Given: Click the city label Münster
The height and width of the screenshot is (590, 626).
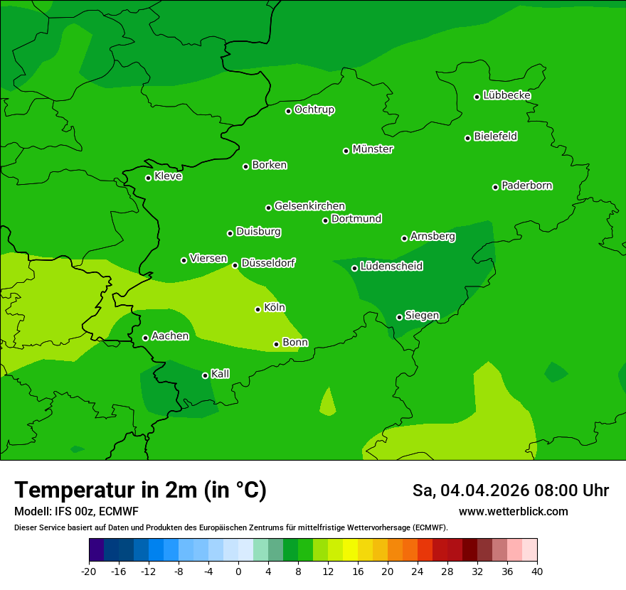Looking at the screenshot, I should coord(372,149).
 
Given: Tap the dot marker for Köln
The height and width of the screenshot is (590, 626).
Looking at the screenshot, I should coord(258,309).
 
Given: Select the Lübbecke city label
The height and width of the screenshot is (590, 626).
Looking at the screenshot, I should coord(506,95).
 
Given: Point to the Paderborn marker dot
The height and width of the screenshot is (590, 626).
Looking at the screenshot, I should coord(495,187).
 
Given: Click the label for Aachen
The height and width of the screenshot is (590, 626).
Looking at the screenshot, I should coord(170,336).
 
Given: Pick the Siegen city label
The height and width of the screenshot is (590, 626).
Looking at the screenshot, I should coord(422,316).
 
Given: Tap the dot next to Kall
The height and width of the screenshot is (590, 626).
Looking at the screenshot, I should coord(205,375).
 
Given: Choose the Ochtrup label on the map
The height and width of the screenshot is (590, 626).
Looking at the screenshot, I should coord(314,109).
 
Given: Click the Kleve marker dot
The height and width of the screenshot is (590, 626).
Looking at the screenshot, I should coord(148,178).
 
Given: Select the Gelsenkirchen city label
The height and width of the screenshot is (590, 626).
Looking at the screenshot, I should coord(309,206).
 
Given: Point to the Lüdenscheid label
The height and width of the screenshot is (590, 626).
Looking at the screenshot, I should coord(391,267).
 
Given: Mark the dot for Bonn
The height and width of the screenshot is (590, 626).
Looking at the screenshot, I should coord(276,344).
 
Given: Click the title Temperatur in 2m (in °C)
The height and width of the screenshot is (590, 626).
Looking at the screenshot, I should coord(140,490).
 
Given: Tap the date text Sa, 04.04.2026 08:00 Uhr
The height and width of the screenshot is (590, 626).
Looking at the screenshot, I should coord(510,490).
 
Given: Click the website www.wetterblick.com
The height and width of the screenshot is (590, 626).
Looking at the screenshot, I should coord(513,512).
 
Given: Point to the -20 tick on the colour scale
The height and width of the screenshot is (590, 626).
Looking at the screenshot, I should coord(89,572).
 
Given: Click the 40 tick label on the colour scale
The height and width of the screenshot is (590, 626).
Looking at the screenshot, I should coord(537,572).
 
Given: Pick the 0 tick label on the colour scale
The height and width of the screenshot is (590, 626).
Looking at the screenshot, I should coord(238,572).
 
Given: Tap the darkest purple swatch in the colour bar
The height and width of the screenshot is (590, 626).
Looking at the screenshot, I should coord(96,550).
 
